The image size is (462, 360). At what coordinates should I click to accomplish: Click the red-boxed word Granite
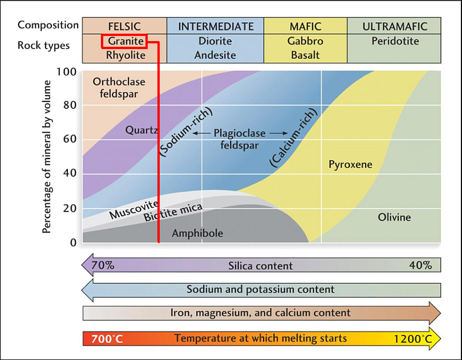coord(124,41)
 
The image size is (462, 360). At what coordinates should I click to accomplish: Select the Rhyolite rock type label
coord(124,55)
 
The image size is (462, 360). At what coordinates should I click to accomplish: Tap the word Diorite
coord(215,41)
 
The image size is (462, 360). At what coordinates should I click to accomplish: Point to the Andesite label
coord(215,55)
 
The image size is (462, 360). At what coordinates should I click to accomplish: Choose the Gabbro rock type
coord(305,41)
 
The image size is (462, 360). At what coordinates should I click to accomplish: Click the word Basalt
coord(305,55)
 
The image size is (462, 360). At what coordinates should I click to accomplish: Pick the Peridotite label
coord(395,41)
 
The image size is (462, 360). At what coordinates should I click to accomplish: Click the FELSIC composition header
coord(124,26)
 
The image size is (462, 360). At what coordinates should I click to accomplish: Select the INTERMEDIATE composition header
coord(216,26)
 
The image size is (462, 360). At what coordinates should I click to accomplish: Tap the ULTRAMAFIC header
coord(395,26)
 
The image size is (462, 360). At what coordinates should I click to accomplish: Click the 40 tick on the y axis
coord(70,173)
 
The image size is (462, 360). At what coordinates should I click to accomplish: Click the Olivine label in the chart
coord(394,217)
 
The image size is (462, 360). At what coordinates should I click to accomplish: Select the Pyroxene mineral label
coord(350,165)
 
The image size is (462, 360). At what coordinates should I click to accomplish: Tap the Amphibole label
coord(197,233)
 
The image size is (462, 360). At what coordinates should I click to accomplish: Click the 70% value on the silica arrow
coord(103,265)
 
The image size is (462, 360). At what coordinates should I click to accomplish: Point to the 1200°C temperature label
coord(412,339)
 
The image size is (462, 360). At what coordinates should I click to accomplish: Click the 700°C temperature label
coord(107,339)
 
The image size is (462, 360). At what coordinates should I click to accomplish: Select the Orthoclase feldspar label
coord(119,87)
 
